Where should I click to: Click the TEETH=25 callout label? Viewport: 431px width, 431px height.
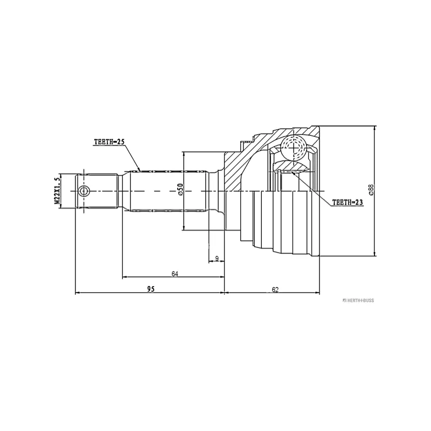(109, 142)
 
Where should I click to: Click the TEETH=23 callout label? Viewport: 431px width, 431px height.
(347, 203)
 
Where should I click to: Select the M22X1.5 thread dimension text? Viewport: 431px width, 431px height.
(57, 191)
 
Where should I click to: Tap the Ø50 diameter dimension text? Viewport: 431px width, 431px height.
(180, 190)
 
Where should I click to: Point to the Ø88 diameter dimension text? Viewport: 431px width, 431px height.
(371, 190)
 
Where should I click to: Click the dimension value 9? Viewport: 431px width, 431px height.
(217, 259)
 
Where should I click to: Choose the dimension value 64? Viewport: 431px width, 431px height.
(175, 274)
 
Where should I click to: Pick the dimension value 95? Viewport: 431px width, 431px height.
(151, 289)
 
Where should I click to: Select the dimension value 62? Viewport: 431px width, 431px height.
(275, 289)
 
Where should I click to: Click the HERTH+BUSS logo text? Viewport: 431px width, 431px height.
(358, 301)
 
